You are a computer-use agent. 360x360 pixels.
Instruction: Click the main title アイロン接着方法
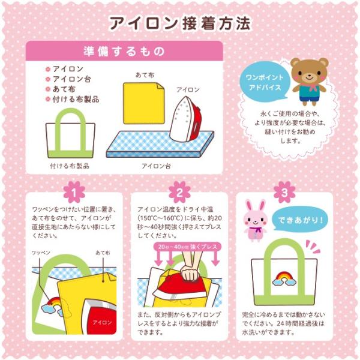[x=179, y=22]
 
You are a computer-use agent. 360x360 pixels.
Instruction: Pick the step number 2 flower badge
[x=179, y=191]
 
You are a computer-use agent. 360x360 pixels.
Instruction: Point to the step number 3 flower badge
[x=284, y=191]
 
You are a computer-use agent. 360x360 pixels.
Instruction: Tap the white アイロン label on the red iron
[x=102, y=322]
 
